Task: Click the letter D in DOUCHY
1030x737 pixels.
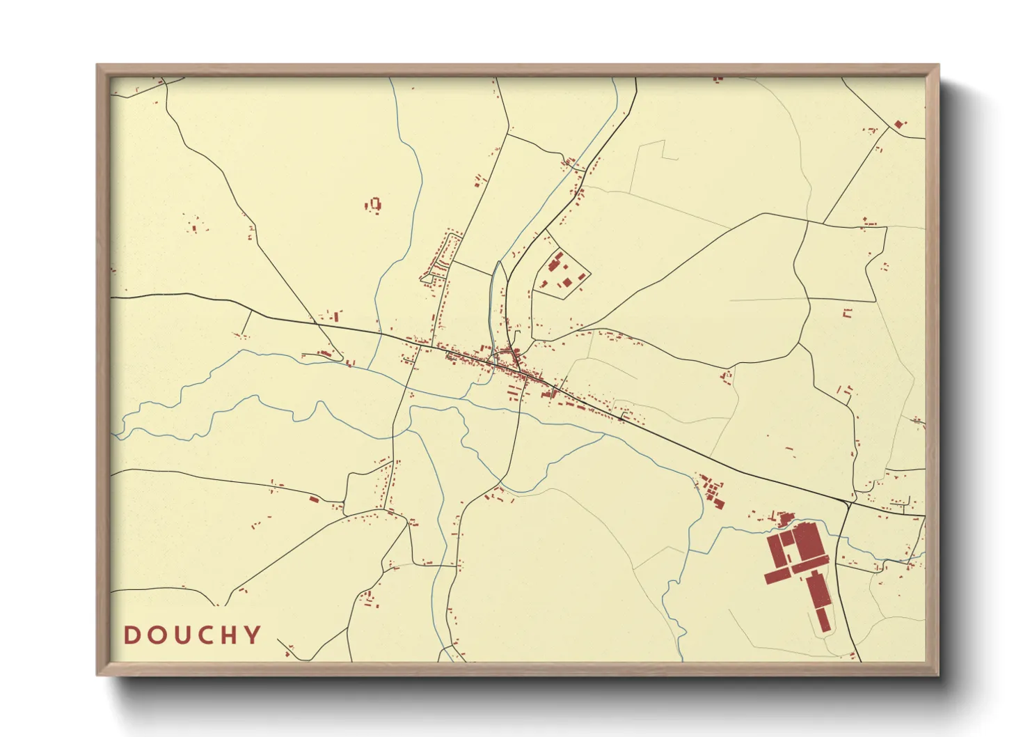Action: coord(131,635)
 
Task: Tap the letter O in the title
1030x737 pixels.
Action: coord(155,635)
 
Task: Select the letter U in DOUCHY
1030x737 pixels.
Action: coord(180,635)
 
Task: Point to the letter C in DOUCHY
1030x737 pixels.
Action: coord(205,635)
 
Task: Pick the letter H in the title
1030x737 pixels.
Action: coord(229,635)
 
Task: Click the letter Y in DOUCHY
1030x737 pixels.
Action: coord(253,635)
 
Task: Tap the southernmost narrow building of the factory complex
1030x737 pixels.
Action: coord(823,619)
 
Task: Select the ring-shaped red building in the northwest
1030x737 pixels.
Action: coord(375,203)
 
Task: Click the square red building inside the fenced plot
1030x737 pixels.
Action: coord(566,282)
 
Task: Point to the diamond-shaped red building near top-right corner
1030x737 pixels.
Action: coord(898,125)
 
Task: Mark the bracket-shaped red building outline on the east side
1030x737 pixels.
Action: coord(847,313)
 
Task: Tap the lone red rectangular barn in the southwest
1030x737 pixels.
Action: coord(313,499)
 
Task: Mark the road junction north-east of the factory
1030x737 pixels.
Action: coord(850,502)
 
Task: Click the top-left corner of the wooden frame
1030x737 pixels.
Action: coord(97,65)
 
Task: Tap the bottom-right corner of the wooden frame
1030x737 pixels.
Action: coord(938,675)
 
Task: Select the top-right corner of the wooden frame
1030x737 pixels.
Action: coord(938,65)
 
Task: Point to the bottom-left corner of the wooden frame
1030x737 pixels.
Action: coord(97,675)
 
